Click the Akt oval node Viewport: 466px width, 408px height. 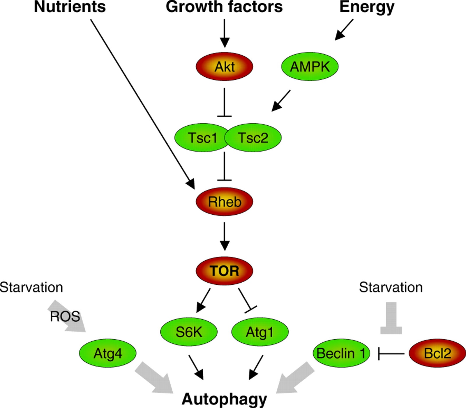224,67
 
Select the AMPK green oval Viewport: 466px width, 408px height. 310,67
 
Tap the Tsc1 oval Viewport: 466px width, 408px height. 201,138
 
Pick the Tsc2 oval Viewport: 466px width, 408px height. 253,138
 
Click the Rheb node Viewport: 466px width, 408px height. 224,202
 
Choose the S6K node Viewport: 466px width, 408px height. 189,332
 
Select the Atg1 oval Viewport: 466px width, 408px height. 260,332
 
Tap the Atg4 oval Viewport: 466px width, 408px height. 108,353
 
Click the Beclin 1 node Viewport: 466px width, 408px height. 341,353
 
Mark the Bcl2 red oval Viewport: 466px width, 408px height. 437,353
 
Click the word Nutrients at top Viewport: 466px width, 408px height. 70,7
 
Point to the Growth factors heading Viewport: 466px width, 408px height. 224,7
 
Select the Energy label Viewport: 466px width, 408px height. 367,7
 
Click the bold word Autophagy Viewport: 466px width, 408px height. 224,399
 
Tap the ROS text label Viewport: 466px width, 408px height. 65,316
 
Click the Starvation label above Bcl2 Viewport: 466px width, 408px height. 391,287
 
